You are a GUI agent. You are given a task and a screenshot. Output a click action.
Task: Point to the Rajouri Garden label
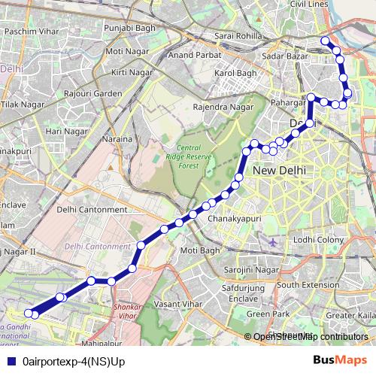(x=93, y=93)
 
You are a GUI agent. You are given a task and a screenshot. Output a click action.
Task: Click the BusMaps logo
(x=335, y=362)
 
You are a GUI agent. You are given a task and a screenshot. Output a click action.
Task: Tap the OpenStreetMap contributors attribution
(x=310, y=337)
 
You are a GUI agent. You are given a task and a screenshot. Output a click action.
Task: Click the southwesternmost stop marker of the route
(x=29, y=313)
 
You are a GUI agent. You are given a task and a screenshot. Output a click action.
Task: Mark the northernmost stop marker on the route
(x=325, y=41)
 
